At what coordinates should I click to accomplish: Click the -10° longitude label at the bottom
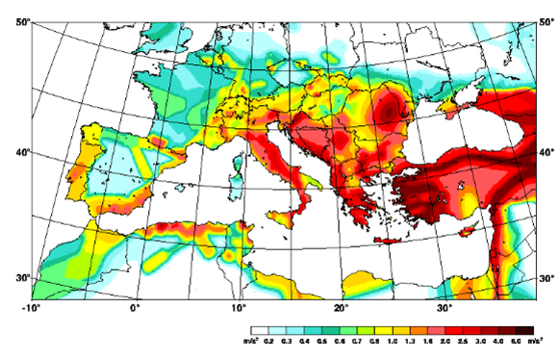point(31,310)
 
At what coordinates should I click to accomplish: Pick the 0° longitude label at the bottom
point(135,310)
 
